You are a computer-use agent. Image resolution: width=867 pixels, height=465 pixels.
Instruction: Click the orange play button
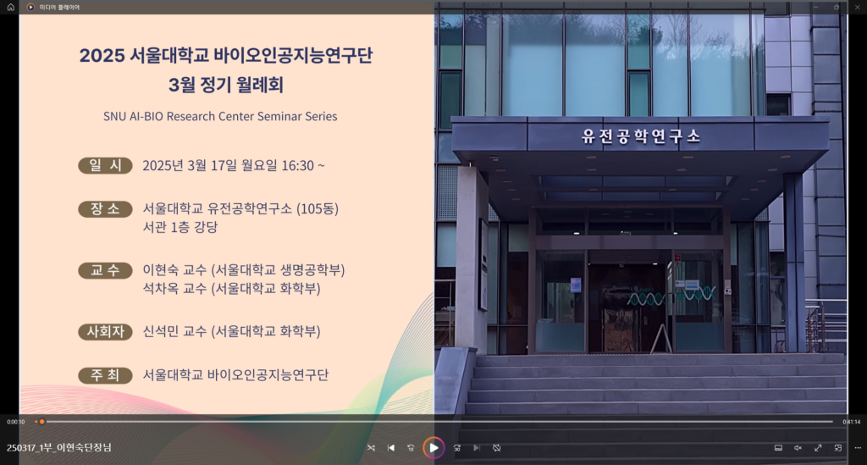coord(433,448)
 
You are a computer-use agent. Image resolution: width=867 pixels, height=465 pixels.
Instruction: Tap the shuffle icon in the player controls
coord(371,448)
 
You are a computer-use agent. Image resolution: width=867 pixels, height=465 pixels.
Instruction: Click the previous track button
coord(391,448)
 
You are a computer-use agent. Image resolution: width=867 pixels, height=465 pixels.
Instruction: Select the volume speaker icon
coord(798,448)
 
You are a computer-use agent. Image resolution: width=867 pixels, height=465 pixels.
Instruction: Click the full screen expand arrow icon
coord(818,448)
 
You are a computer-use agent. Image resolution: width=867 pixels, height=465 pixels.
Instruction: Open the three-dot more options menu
coord(858,448)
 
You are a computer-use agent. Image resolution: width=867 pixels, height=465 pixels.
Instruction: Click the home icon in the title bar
coord(10,7)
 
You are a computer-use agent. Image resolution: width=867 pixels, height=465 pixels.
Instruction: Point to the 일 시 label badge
coord(105,165)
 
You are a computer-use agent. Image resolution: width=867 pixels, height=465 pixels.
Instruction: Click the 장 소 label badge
coord(105,209)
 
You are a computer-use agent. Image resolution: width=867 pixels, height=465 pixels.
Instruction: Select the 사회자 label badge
coord(105,332)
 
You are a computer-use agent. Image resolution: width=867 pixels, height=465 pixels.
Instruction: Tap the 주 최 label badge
coord(105,375)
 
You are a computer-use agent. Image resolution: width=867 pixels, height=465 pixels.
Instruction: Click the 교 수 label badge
coord(105,270)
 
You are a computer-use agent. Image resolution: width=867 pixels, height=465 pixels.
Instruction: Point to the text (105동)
coord(318,208)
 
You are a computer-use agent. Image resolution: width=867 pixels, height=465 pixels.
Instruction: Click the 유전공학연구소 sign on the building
coord(641,136)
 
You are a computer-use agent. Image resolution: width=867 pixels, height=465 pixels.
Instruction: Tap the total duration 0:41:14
coord(852,422)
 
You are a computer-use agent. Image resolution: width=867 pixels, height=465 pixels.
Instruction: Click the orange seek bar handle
coord(41,422)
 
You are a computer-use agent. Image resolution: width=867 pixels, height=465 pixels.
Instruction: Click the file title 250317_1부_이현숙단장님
coord(59,447)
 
